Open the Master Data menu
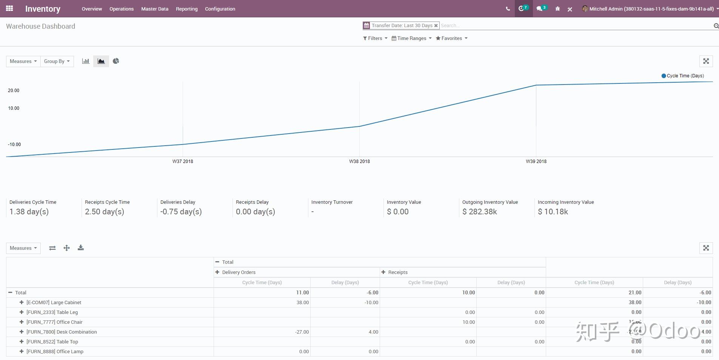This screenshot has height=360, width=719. (x=155, y=9)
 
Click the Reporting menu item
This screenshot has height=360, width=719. (x=186, y=9)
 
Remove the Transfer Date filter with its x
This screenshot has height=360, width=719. (x=436, y=26)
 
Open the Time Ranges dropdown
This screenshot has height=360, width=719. (x=411, y=38)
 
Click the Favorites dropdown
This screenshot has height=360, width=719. (x=451, y=38)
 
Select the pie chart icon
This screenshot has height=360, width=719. (x=116, y=61)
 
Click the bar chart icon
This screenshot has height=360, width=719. (x=86, y=61)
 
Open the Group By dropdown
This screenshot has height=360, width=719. (x=57, y=61)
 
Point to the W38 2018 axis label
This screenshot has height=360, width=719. (x=359, y=161)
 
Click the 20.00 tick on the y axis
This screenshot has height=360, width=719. (x=14, y=91)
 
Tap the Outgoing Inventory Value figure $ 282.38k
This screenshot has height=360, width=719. (x=479, y=212)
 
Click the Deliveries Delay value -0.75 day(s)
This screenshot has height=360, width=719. (x=181, y=212)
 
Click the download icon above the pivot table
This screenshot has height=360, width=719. (x=81, y=248)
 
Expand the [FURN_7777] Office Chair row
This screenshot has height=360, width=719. (x=22, y=322)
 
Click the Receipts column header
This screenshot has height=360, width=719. (x=397, y=272)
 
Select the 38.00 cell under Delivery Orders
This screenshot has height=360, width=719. (x=302, y=302)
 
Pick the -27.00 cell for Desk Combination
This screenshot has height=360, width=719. (x=302, y=332)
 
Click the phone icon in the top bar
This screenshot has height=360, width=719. (x=508, y=9)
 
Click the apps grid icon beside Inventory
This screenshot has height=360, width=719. (x=9, y=8)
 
